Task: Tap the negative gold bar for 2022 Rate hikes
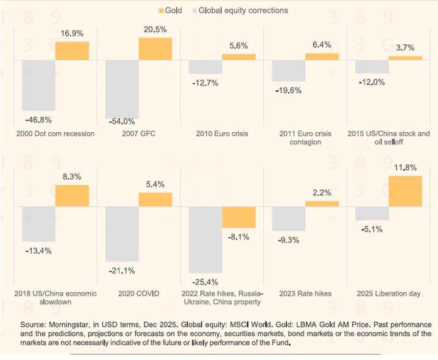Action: coord(239,217)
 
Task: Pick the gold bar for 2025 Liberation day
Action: coord(405,191)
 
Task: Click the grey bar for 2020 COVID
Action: coord(122,234)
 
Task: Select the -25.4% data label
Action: coord(204,282)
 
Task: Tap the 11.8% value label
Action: coord(404,168)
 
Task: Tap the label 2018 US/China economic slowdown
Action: coord(55,298)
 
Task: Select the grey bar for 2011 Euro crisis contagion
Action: coord(288,71)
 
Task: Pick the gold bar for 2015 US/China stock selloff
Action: coord(405,58)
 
